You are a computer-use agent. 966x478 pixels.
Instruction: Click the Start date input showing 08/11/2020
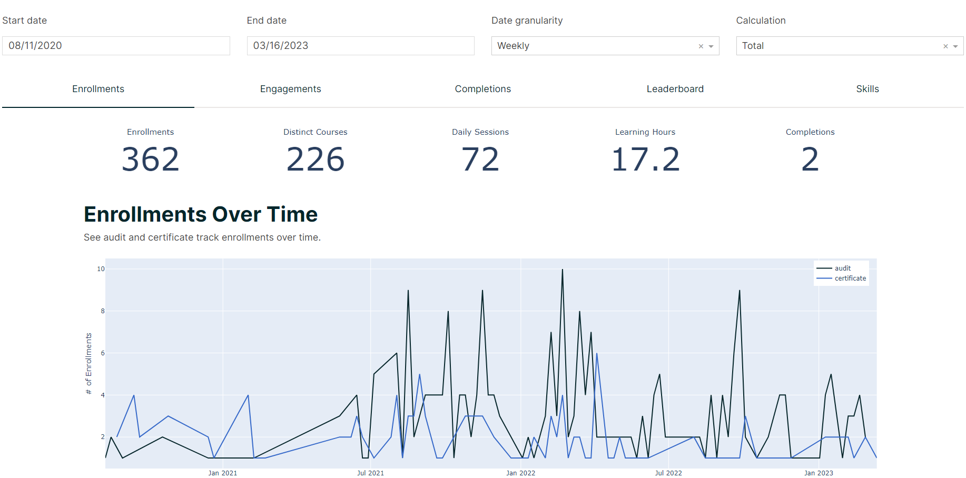tap(116, 46)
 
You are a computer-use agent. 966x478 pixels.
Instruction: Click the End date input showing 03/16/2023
tap(360, 46)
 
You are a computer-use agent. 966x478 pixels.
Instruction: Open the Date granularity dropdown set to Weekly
tap(605, 46)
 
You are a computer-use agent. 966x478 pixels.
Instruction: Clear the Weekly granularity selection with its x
tap(701, 46)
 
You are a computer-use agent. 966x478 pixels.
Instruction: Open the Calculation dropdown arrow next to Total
tap(955, 46)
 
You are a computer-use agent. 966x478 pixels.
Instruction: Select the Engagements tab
tap(290, 89)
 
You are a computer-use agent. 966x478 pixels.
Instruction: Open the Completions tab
tap(483, 89)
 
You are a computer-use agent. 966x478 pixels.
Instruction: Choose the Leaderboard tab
tap(675, 89)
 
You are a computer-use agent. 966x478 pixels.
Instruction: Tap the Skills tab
tap(868, 89)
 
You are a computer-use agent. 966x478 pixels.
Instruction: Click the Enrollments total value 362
tap(151, 160)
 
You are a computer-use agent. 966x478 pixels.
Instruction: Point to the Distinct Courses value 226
tap(316, 160)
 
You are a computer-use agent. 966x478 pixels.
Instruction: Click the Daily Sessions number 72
tap(480, 160)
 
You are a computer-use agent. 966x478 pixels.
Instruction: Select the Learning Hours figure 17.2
tap(645, 160)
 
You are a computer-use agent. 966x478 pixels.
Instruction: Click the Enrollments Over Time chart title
tap(201, 214)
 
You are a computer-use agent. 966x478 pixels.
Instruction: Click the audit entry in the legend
tap(842, 268)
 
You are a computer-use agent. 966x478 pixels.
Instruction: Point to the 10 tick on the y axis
tap(101, 269)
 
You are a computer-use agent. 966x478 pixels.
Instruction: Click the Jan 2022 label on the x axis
tap(521, 473)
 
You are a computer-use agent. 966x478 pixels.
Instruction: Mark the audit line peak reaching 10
tap(563, 270)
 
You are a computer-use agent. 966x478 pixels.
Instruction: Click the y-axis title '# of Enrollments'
tap(88, 363)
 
